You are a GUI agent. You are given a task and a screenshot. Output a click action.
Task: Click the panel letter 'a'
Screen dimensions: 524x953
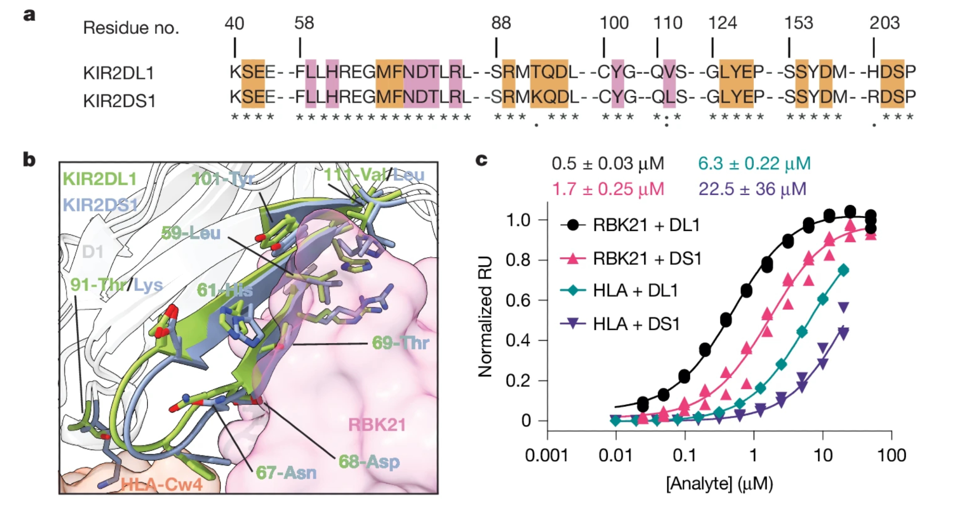(x=30, y=15)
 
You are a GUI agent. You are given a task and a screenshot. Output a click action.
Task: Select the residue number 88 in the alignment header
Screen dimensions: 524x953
(x=501, y=23)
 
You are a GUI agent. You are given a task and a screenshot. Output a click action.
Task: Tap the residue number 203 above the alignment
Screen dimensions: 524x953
(x=884, y=23)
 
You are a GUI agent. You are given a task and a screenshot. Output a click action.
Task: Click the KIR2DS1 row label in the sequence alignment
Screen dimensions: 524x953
(x=119, y=101)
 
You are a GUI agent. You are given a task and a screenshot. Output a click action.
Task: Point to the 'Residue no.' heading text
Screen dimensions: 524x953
(x=131, y=28)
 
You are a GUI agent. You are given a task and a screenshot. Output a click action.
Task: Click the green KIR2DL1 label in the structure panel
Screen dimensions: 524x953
(x=100, y=179)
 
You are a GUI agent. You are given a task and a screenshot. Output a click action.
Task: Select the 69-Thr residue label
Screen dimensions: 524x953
(x=400, y=343)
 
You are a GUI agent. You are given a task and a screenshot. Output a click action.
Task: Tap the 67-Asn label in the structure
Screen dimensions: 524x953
(x=286, y=472)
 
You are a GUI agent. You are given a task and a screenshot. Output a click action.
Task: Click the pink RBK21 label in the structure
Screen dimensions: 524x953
(x=377, y=424)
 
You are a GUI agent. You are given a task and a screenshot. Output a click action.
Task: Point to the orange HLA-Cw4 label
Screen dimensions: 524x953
(x=162, y=484)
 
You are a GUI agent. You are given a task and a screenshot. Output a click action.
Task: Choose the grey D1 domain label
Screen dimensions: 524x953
(x=92, y=252)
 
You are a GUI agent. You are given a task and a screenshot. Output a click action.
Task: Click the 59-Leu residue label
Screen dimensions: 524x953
(x=191, y=233)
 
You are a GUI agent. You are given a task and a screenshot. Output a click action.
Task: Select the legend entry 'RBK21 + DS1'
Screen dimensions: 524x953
(x=647, y=259)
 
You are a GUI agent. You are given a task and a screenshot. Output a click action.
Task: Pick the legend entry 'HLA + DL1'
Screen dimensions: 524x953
(x=635, y=291)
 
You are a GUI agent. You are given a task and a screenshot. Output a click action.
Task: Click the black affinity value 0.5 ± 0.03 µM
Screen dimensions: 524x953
(x=608, y=164)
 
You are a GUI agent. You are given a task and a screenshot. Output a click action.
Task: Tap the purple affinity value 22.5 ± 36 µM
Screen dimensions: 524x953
(x=752, y=189)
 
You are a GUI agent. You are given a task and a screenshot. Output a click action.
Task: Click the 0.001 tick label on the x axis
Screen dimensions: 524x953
(x=547, y=455)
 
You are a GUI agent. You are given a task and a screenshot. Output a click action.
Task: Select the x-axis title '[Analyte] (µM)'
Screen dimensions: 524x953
(x=720, y=484)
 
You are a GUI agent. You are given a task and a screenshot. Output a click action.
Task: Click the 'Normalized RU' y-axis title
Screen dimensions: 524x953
(x=485, y=317)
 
